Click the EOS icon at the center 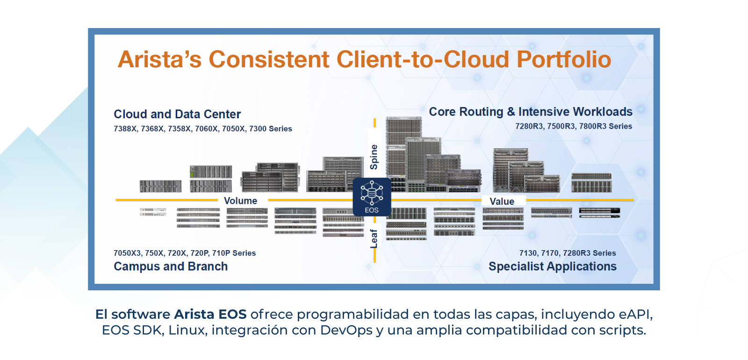point(372,197)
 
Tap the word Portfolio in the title point(564,59)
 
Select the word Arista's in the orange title point(159,59)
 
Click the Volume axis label point(240,201)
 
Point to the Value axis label point(502,202)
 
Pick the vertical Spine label point(374,157)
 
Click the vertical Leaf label point(374,238)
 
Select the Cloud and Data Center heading point(177,114)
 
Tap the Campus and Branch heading point(171,266)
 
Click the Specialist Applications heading point(553,266)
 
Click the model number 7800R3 point(592,126)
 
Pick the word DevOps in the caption point(346,330)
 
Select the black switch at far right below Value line point(599,213)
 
